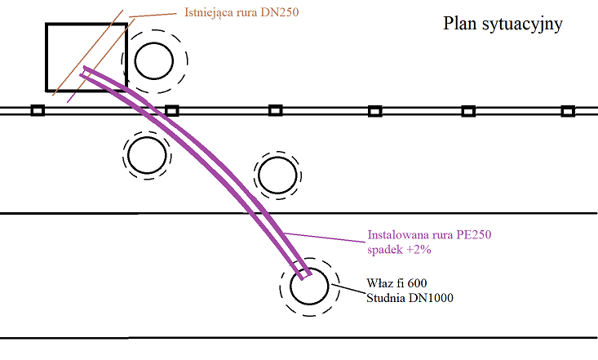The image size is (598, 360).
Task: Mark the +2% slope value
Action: click(x=419, y=250)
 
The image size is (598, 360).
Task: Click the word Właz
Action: click(x=379, y=283)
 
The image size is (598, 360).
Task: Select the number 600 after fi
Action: click(x=417, y=283)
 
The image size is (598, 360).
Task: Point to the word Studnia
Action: click(x=386, y=298)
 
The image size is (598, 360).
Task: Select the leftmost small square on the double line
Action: click(x=38, y=111)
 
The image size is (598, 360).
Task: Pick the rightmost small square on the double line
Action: click(x=569, y=111)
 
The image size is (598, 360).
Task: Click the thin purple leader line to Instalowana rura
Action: click(x=325, y=237)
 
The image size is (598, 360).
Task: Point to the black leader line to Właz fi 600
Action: click(x=348, y=289)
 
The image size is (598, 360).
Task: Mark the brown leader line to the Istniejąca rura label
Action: click(x=153, y=15)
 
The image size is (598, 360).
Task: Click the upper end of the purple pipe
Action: click(x=83, y=71)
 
